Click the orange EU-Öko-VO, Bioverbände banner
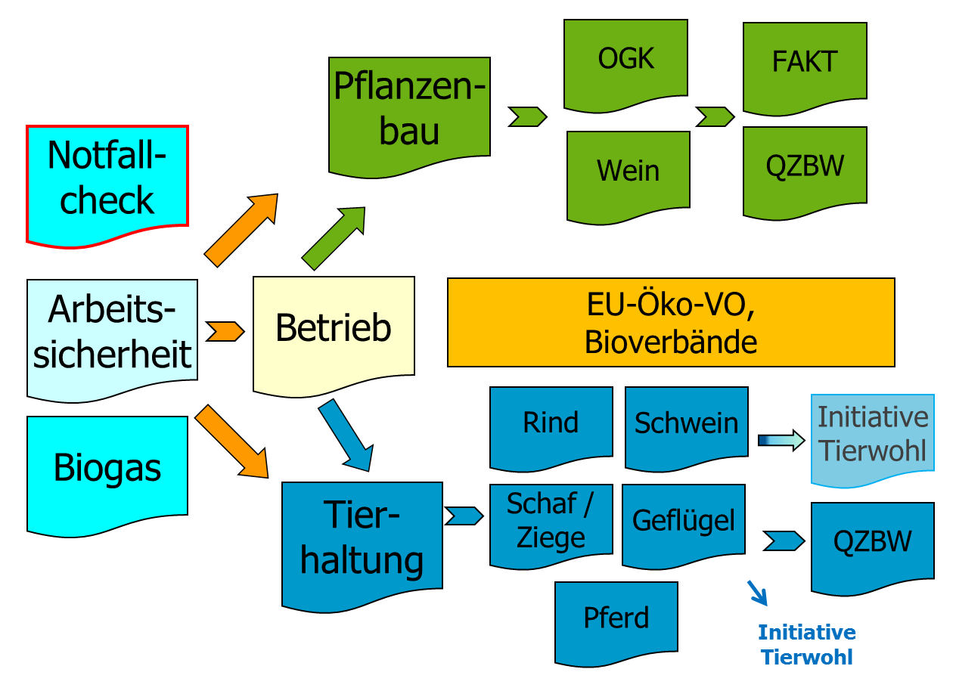coord(671,322)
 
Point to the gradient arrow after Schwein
coord(781,441)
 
